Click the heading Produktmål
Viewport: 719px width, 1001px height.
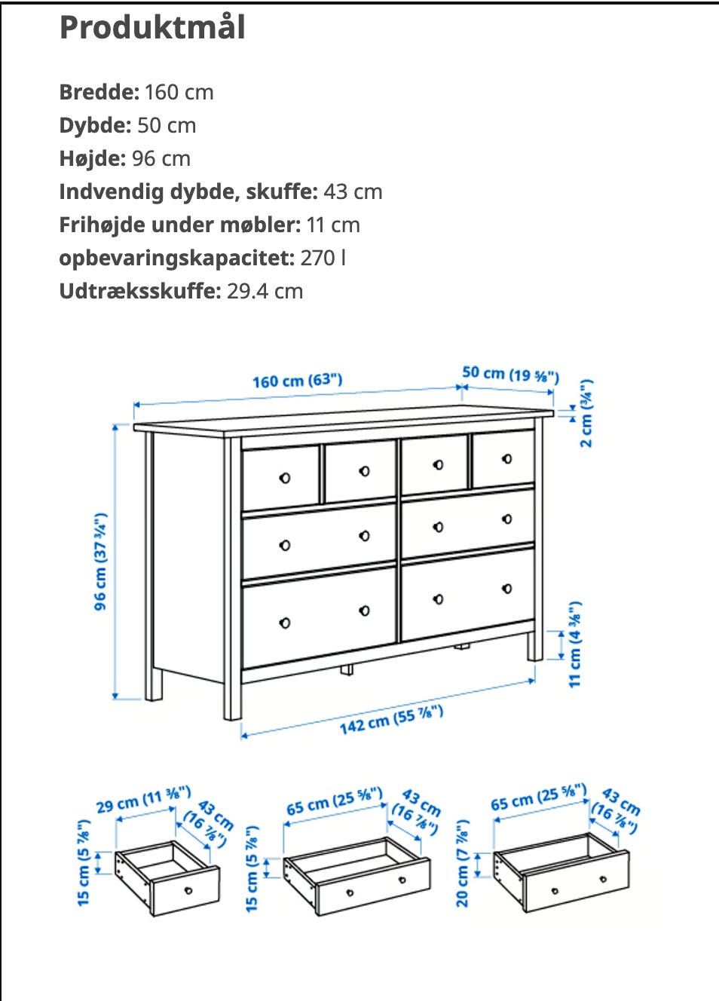[x=152, y=28]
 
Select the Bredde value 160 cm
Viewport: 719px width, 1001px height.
[x=179, y=93]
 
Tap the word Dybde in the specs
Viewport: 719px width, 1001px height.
[x=95, y=126]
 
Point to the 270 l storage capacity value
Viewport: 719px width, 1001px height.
[x=323, y=259]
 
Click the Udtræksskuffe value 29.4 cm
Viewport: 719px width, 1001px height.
[x=265, y=292]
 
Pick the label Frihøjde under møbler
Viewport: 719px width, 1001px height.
[x=179, y=225]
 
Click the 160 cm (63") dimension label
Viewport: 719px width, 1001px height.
[x=297, y=381]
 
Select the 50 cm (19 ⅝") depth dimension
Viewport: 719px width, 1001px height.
[x=510, y=374]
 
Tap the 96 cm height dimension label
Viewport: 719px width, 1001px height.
[x=100, y=562]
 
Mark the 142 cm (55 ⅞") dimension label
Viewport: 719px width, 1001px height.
[x=390, y=720]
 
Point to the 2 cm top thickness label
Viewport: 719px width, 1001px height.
[x=586, y=413]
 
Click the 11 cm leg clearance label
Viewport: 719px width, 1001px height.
[x=575, y=644]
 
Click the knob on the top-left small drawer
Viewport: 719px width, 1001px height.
[x=285, y=478]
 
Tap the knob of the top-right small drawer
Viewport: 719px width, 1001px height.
[x=506, y=458]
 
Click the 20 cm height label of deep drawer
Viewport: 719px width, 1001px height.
[x=463, y=864]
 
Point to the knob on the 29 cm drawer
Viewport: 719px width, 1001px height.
[x=188, y=890]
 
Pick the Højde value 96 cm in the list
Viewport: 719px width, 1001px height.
[x=161, y=159]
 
